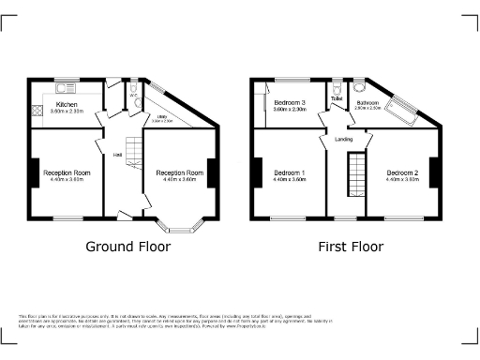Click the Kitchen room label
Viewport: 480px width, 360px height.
click(67, 104)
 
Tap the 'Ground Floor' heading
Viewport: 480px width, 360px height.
click(127, 247)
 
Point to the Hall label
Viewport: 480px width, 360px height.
click(118, 155)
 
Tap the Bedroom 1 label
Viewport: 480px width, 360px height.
click(291, 173)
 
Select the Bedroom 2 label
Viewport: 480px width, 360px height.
click(402, 173)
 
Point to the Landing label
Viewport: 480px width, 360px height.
click(343, 140)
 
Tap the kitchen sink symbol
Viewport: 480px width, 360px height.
click(67, 89)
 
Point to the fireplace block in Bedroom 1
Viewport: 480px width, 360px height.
click(256, 173)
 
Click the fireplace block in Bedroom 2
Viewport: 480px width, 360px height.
click(436, 173)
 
